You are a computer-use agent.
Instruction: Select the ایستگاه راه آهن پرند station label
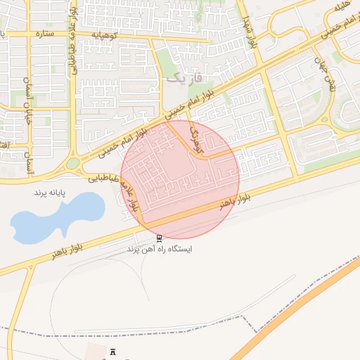click(x=160, y=249)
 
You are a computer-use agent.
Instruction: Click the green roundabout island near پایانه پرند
click(x=73, y=165)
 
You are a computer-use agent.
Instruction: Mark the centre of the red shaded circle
click(x=180, y=179)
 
